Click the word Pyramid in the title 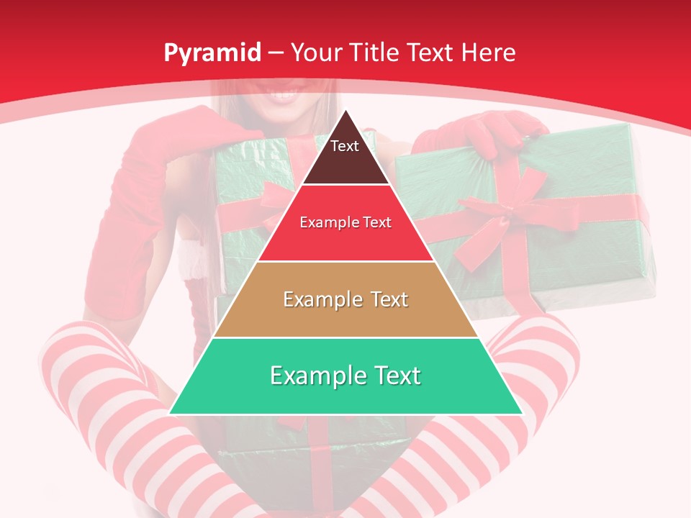(212, 53)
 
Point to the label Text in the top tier (345, 146)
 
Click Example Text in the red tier (345, 222)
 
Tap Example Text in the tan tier (345, 299)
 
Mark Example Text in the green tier (345, 376)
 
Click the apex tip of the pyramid (346, 112)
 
